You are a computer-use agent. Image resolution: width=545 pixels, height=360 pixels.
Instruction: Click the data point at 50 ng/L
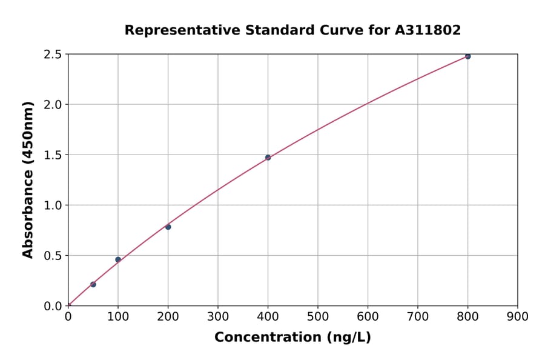pos(93,284)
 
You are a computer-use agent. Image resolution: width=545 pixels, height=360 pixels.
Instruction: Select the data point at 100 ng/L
pos(118,259)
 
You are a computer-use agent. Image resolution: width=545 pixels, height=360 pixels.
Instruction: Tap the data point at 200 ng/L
pos(168,227)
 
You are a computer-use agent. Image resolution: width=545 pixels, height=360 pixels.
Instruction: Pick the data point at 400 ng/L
pos(268,158)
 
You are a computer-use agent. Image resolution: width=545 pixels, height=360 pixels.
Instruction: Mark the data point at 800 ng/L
pos(467,56)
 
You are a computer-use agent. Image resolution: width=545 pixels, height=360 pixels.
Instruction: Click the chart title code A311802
pos(428,30)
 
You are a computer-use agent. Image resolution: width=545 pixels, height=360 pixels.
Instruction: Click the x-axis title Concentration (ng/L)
pos(292,338)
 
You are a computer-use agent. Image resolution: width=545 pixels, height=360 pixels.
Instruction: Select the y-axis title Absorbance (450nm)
pos(28,180)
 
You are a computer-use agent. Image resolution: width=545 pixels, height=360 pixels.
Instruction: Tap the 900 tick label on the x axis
pos(517,316)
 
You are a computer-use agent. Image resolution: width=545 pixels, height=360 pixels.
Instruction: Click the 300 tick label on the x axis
pos(218,316)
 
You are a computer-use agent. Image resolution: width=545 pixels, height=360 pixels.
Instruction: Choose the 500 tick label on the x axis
pos(318,316)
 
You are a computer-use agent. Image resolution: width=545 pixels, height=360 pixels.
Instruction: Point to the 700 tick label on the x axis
pos(417,316)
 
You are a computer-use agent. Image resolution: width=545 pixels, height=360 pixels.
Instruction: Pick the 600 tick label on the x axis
pos(368,316)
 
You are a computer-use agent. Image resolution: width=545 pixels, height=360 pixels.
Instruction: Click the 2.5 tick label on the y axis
pos(53,55)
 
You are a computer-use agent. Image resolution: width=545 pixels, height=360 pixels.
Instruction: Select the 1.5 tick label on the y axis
pos(53,155)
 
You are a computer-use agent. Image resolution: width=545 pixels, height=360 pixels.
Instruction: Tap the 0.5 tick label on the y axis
pos(53,256)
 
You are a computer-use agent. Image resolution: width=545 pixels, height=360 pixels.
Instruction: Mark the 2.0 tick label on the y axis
pos(53,105)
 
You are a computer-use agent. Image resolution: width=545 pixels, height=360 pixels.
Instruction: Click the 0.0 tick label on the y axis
pos(53,306)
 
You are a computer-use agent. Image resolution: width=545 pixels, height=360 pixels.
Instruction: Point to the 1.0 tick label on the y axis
pos(53,205)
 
